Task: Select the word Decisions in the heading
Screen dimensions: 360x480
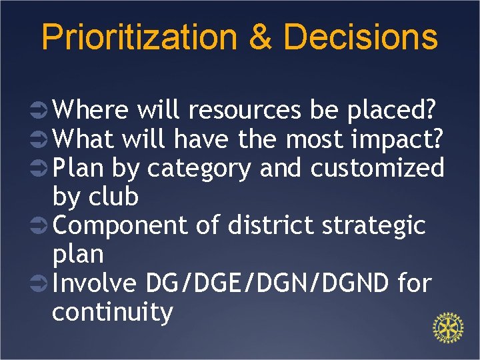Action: pos(361,37)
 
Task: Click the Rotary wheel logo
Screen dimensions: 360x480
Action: pos(448,329)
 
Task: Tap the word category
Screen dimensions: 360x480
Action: pos(200,168)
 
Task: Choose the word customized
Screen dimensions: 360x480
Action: pos(377,168)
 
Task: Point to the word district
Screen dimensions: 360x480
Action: pos(271,225)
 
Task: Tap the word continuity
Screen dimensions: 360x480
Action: pos(112,311)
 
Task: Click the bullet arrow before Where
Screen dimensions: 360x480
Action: pos(39,111)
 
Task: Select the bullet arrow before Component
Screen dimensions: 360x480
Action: pos(39,226)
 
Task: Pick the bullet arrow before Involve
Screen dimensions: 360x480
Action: pos(39,284)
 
